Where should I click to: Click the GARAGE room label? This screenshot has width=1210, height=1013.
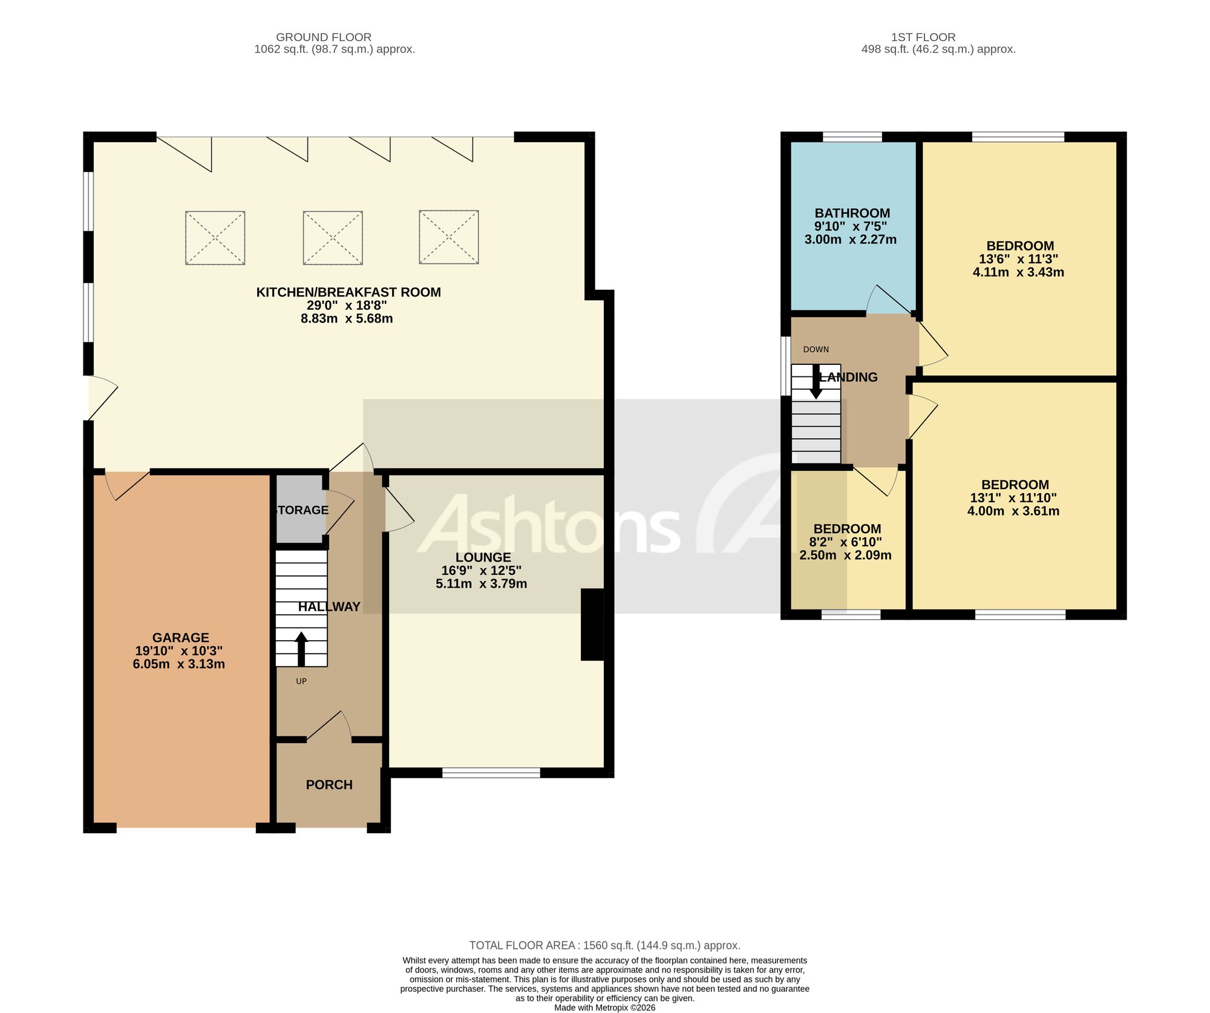click(x=180, y=637)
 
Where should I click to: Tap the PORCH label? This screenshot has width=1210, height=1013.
click(x=329, y=784)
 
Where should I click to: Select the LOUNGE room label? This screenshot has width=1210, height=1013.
click(x=483, y=557)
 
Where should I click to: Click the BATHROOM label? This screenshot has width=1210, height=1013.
click(x=852, y=213)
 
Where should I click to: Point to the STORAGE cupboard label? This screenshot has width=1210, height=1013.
click(x=301, y=510)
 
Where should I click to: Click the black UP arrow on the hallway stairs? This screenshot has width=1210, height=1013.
click(x=301, y=649)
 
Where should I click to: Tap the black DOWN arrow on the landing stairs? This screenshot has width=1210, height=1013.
click(x=816, y=381)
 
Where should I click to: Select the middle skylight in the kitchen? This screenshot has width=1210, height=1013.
click(x=333, y=238)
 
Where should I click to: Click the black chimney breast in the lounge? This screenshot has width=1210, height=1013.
click(x=592, y=624)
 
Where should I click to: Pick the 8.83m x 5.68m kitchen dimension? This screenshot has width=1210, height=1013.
click(x=347, y=318)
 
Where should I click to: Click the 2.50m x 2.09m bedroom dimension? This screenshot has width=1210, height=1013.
click(x=845, y=555)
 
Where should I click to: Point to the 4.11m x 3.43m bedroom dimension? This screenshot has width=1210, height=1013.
click(x=1018, y=272)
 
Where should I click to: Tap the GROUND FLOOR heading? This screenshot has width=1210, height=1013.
click(x=324, y=38)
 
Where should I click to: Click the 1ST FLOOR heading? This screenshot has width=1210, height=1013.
click(x=923, y=38)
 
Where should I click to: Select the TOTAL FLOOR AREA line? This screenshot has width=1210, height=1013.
click(x=605, y=945)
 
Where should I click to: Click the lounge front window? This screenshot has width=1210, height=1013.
click(x=491, y=772)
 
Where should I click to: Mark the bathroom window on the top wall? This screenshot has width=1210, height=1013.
click(x=852, y=137)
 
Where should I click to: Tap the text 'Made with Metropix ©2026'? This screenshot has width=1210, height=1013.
click(x=605, y=1008)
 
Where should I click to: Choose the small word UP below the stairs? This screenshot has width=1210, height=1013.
click(x=301, y=681)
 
